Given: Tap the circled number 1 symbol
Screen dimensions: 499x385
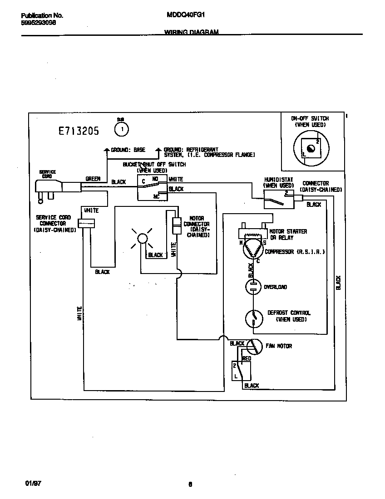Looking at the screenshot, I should coord(121,130).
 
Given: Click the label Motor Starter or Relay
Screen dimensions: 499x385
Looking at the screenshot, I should coord(288,234).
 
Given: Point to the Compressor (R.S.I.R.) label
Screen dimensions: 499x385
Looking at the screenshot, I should coord(295,252).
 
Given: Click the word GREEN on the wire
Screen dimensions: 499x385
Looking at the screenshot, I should coord(93,179).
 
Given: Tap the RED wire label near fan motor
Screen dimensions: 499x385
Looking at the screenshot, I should coord(247,358).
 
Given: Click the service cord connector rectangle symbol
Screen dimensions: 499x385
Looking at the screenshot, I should coord(86,223).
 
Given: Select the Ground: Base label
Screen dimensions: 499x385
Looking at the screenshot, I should coord(128,150).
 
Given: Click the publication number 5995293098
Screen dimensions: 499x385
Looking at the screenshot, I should coord(39,22).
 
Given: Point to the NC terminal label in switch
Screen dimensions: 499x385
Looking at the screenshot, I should coord(156,196).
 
